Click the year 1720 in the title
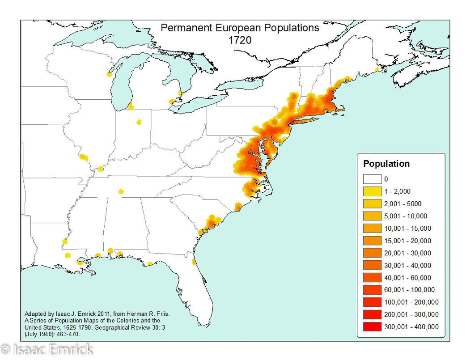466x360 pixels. click(x=240, y=40)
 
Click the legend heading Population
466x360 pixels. click(x=386, y=164)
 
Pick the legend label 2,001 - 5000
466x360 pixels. click(x=402, y=204)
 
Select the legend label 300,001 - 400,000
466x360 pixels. click(x=411, y=326)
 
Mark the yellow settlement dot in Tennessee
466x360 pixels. click(x=121, y=191)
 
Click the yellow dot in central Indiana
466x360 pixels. click(x=139, y=122)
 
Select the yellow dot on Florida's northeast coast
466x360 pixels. click(x=194, y=261)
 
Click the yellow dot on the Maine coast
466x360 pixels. click(x=377, y=69)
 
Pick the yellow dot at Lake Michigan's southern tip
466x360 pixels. click(x=131, y=106)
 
